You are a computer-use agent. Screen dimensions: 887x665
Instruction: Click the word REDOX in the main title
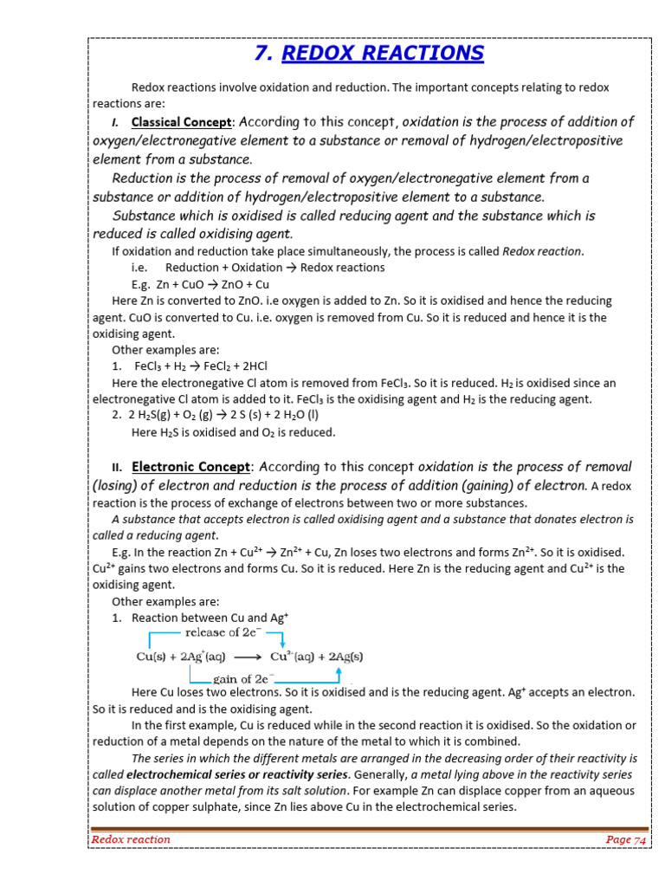coord(322,54)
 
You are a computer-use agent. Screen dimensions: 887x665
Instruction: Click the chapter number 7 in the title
coord(263,54)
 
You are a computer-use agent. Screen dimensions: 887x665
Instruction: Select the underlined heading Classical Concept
coord(182,121)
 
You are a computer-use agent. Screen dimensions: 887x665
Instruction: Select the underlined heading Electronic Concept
coord(191,467)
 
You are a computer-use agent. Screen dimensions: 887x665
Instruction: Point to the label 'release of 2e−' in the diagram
coord(222,632)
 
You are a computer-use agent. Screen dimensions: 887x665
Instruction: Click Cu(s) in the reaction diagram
coord(153,656)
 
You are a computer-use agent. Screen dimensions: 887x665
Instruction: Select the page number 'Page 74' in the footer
coord(626,839)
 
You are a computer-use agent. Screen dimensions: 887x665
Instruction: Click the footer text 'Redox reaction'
coord(131,839)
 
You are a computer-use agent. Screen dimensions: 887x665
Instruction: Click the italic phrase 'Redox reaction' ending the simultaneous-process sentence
coord(543,251)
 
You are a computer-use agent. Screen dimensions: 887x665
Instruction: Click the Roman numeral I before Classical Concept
coord(115,122)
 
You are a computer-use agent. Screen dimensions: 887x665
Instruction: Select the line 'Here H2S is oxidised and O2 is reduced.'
coord(233,432)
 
